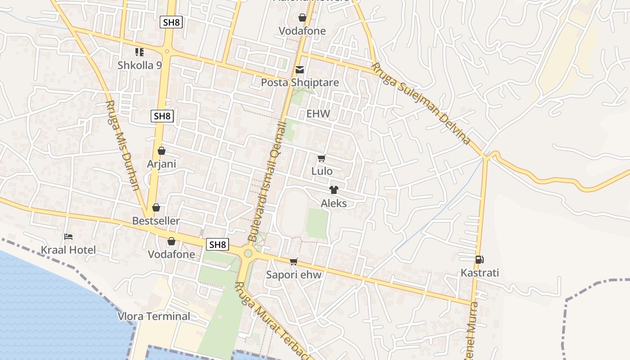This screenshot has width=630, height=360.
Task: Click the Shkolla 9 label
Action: tap(139, 65)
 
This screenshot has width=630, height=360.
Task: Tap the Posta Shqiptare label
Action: tap(300, 83)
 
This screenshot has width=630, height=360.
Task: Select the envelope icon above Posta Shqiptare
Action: tap(300, 70)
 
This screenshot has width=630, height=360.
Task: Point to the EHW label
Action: tap(318, 114)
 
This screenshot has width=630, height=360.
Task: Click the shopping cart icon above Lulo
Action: tap(321, 158)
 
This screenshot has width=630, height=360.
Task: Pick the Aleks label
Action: tap(333, 203)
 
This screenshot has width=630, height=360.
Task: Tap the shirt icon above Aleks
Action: tap(333, 190)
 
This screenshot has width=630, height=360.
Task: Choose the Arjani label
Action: tap(162, 164)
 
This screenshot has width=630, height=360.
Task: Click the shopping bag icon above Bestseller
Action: tap(156, 207)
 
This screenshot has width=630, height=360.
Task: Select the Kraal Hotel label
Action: tap(68, 250)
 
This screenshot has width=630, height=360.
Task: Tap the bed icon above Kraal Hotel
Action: tap(68, 237)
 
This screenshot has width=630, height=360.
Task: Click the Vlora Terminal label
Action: tap(154, 316)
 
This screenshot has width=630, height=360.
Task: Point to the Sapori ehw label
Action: tap(294, 275)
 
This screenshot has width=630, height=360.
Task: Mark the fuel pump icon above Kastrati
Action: tap(479, 260)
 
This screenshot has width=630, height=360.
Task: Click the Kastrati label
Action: tap(480, 273)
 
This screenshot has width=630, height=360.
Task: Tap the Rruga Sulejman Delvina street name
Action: tap(420, 103)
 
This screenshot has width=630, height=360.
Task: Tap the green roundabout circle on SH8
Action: tap(248, 253)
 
